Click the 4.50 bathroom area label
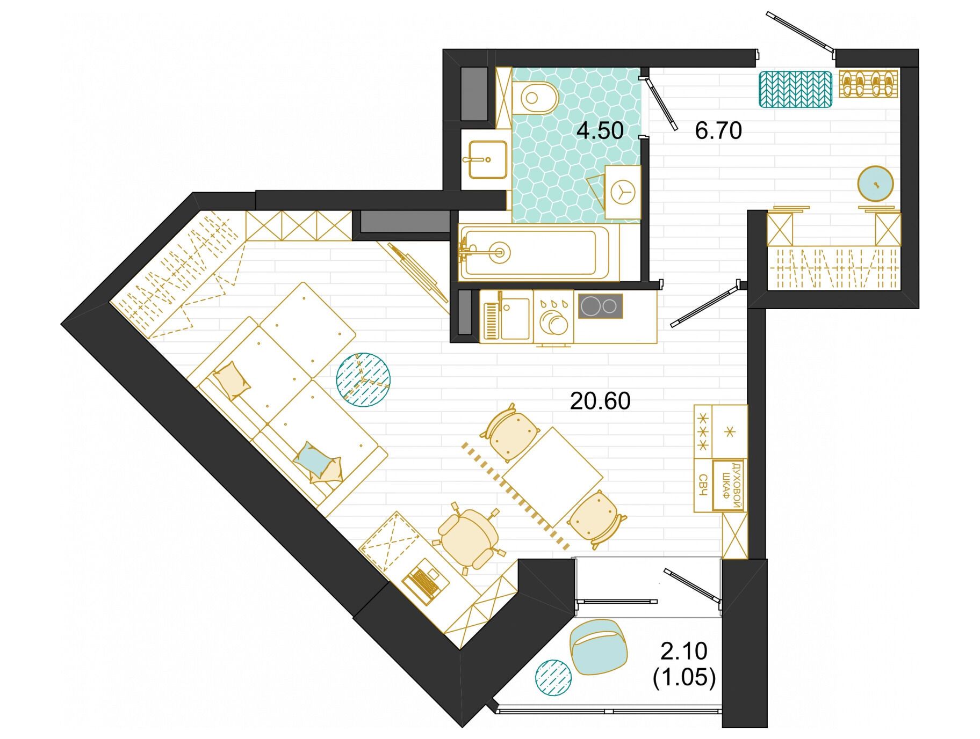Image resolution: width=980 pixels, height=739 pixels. click(600, 130)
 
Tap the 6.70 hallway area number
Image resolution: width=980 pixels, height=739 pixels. click(718, 130)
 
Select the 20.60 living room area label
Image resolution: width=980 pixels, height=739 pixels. click(600, 401)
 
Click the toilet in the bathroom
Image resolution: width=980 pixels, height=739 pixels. click(535, 98)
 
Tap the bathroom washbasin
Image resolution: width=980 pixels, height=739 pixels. click(487, 159)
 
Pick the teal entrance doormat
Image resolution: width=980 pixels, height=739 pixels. click(796, 89)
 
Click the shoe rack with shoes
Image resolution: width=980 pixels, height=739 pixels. click(868, 84)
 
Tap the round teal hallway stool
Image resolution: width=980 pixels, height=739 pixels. click(876, 184)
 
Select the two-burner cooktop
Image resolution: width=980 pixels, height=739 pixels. click(601, 306)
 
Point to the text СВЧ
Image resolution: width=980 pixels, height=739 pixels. click(703, 485)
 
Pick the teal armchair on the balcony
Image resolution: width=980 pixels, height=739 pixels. click(599, 646)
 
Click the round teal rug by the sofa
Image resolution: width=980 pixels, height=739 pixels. click(363, 379)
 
